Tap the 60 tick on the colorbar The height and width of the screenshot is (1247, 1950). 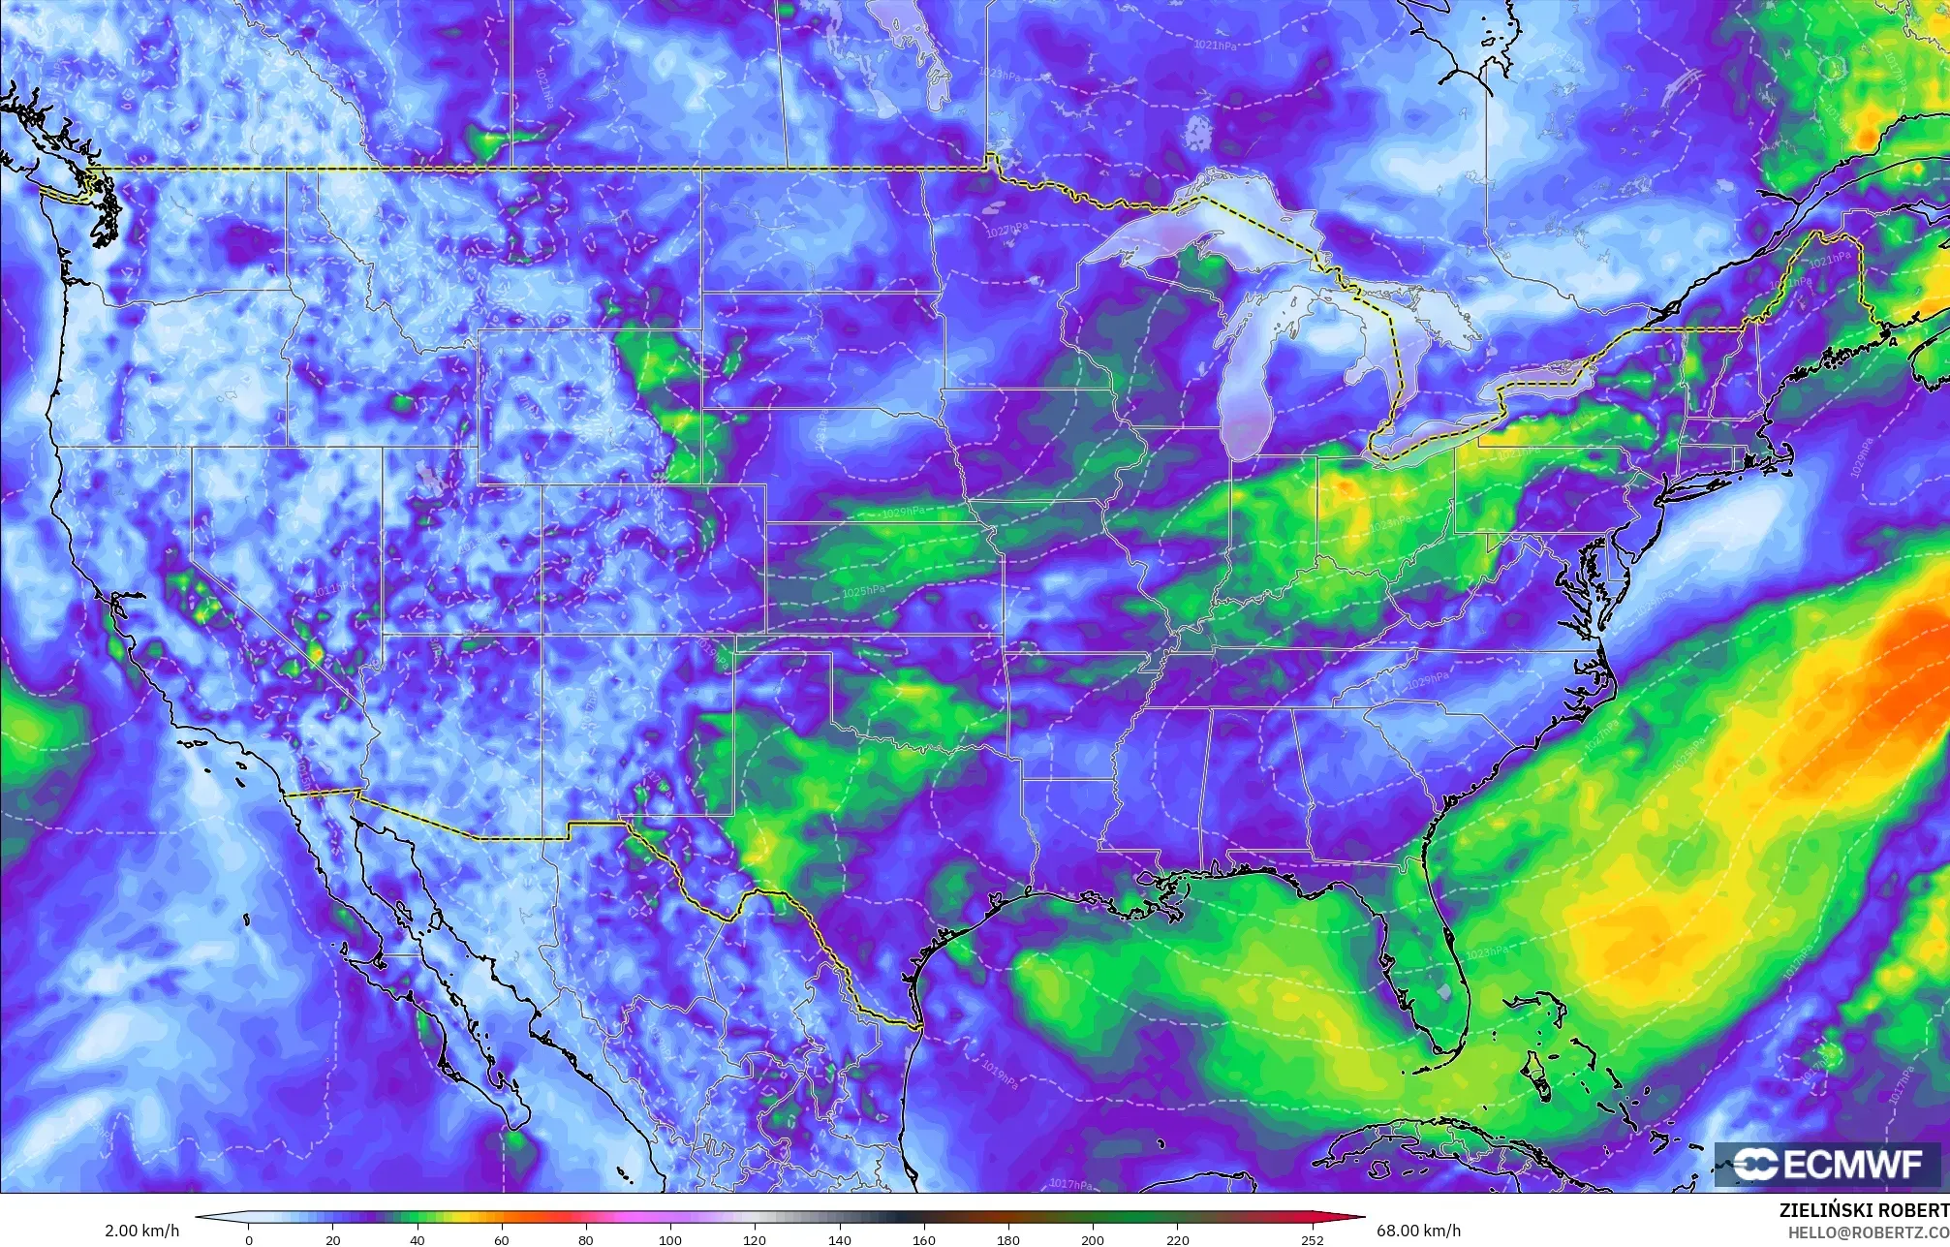coord(501,1238)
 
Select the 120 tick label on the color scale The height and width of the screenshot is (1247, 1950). coord(754,1238)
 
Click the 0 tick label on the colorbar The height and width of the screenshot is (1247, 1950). coord(249,1238)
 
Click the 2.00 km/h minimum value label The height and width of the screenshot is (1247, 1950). coord(141,1231)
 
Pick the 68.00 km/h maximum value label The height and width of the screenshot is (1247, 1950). coord(1418,1231)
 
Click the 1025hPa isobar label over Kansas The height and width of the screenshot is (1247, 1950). coord(861,591)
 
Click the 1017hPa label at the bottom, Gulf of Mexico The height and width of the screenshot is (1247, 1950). coord(1069,1184)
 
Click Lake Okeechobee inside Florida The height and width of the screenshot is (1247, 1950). coord(1445,992)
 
